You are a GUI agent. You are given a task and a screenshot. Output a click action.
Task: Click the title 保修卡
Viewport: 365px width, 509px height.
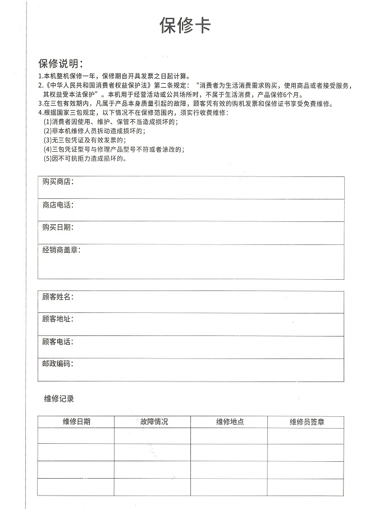coord(185,26)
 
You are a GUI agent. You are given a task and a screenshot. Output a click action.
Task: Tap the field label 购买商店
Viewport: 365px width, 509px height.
coord(57,182)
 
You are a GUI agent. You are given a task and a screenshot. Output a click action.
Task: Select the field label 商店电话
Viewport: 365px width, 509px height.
coord(57,205)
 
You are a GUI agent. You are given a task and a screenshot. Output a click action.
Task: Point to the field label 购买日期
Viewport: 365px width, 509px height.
coord(57,228)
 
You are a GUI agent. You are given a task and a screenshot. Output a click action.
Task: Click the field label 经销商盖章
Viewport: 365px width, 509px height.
coord(61,250)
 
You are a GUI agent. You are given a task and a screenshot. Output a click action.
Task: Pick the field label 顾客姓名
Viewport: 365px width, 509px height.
coord(57,297)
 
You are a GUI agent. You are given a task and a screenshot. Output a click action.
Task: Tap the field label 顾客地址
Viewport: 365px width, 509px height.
coord(57,319)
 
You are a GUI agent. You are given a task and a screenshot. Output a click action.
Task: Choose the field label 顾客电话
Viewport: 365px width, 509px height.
coord(57,342)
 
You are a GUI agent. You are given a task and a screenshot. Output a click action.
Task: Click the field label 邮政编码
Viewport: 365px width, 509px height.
coord(57,364)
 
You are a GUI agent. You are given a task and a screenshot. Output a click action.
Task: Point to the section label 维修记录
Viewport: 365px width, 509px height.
coord(59,399)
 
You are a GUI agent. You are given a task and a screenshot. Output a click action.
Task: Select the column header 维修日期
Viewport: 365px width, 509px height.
coord(76,422)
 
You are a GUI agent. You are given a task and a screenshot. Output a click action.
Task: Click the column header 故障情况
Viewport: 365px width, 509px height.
coord(153,422)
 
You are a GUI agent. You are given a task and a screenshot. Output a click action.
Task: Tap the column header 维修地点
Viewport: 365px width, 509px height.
coord(230,422)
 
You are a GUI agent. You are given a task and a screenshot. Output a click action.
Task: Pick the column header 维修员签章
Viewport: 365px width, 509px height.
coord(306,422)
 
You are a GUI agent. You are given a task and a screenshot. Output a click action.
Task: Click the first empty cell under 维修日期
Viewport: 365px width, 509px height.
coord(76,436)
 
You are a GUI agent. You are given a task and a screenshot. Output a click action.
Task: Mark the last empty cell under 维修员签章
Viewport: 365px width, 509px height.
coord(306,487)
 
